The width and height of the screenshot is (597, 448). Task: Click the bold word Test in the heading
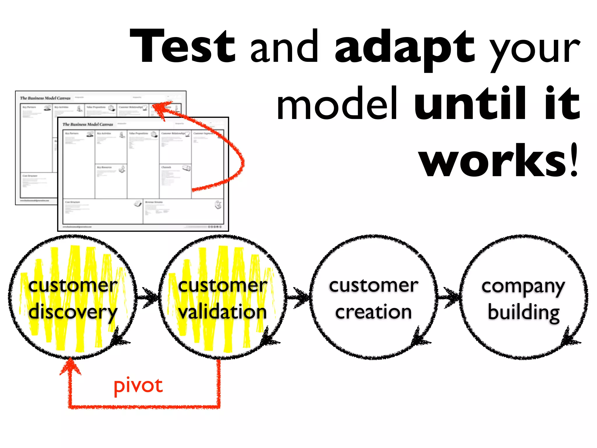pos(182,47)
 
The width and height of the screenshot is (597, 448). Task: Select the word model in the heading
pos(337,104)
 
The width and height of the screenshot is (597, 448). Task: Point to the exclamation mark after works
pos(574,160)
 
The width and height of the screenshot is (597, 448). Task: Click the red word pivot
pos(138,386)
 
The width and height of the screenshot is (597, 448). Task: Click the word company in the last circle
pos(523,286)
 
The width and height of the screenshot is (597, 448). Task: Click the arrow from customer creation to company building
pos(449,297)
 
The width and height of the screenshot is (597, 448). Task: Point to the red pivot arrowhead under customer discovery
pos(70,366)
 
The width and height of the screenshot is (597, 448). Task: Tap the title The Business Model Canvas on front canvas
pos(88,125)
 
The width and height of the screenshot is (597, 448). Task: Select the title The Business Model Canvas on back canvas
pos(45,98)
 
